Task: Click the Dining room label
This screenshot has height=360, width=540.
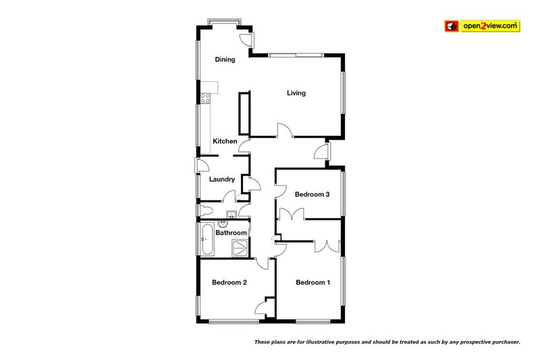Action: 225,59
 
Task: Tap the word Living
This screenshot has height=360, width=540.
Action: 296,93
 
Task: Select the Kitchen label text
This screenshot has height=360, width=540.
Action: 225,141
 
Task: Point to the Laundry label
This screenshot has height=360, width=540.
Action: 221,179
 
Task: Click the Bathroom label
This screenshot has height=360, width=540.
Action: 231,233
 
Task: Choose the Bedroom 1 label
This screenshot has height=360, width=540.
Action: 313,282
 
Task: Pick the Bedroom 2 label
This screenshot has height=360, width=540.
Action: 229,282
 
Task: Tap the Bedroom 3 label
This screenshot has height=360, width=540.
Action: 312,195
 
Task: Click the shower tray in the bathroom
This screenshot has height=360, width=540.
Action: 240,247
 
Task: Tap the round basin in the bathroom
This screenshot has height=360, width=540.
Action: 231,215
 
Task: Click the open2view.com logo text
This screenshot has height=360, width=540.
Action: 489,26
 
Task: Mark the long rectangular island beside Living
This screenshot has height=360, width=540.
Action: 244,113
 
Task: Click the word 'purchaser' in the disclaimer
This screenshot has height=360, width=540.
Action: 500,342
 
